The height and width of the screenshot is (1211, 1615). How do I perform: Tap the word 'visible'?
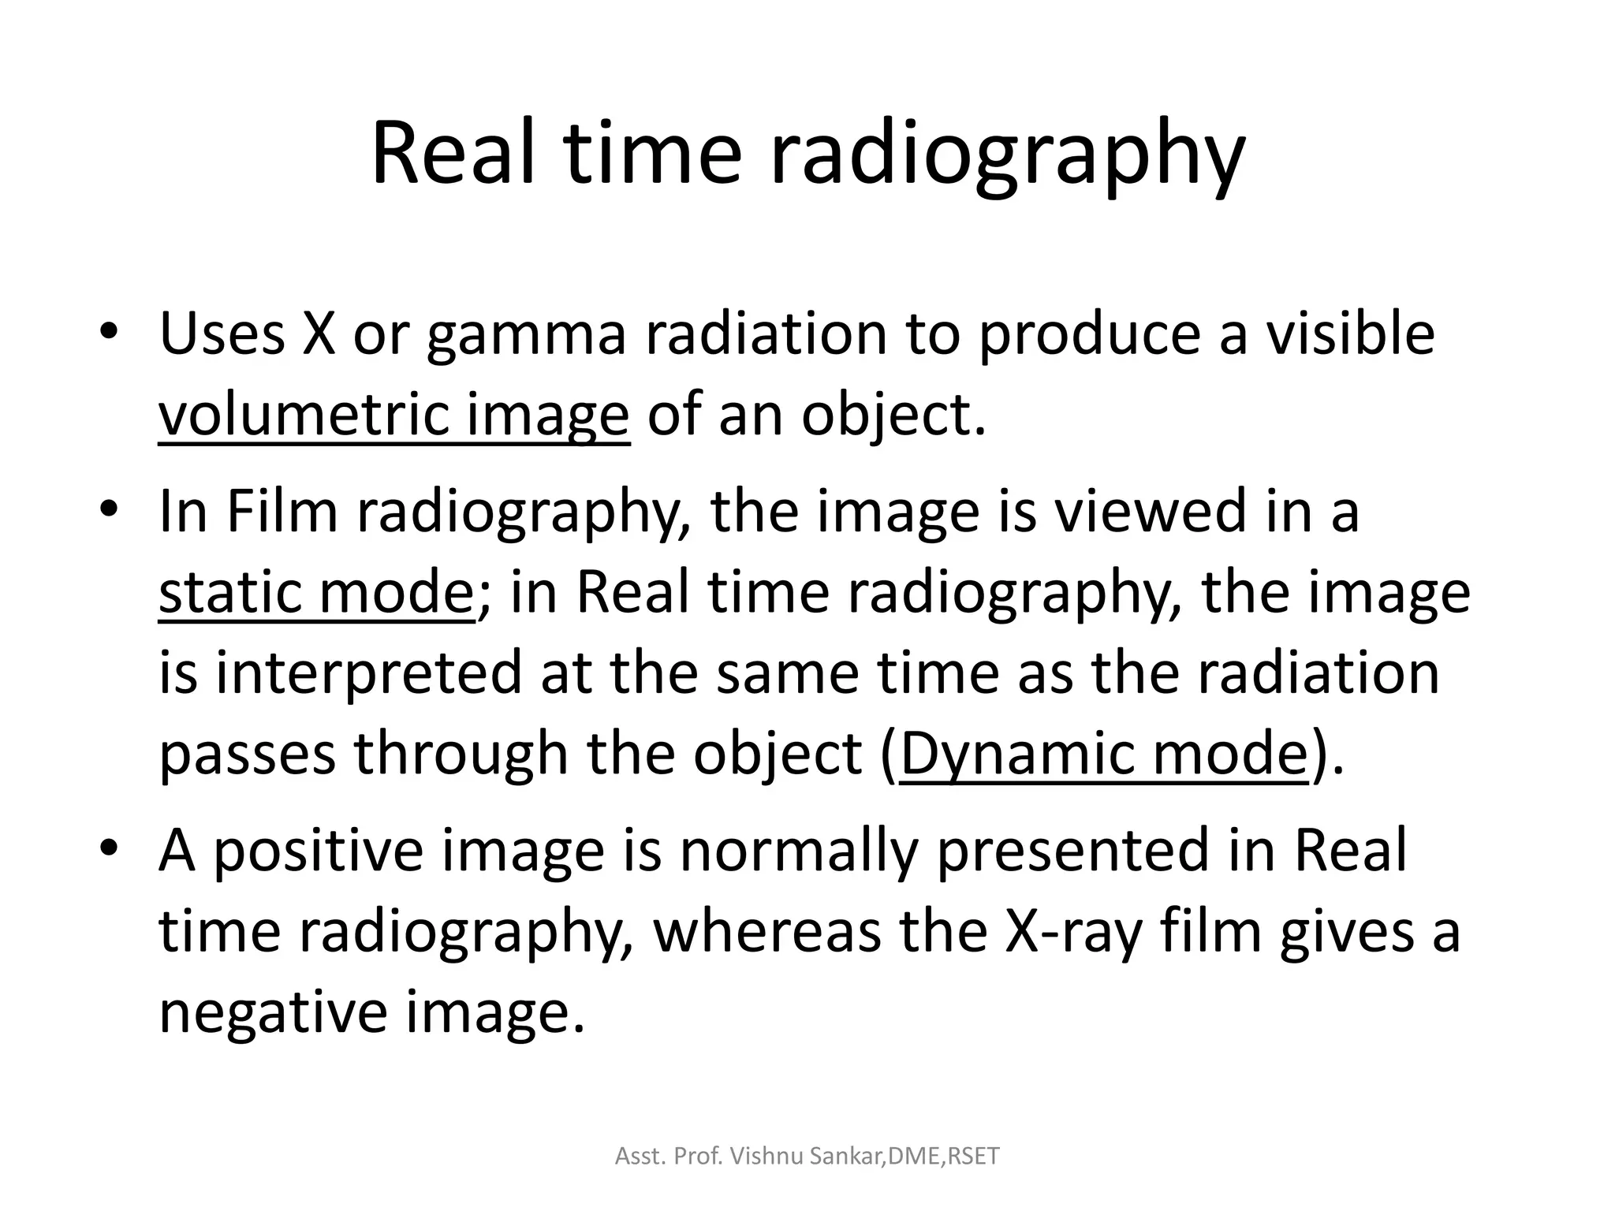coord(1350,333)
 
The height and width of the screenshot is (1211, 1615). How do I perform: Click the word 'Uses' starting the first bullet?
coord(222,333)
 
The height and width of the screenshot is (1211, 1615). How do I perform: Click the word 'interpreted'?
coord(368,674)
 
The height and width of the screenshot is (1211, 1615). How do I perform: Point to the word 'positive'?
coord(318,853)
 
